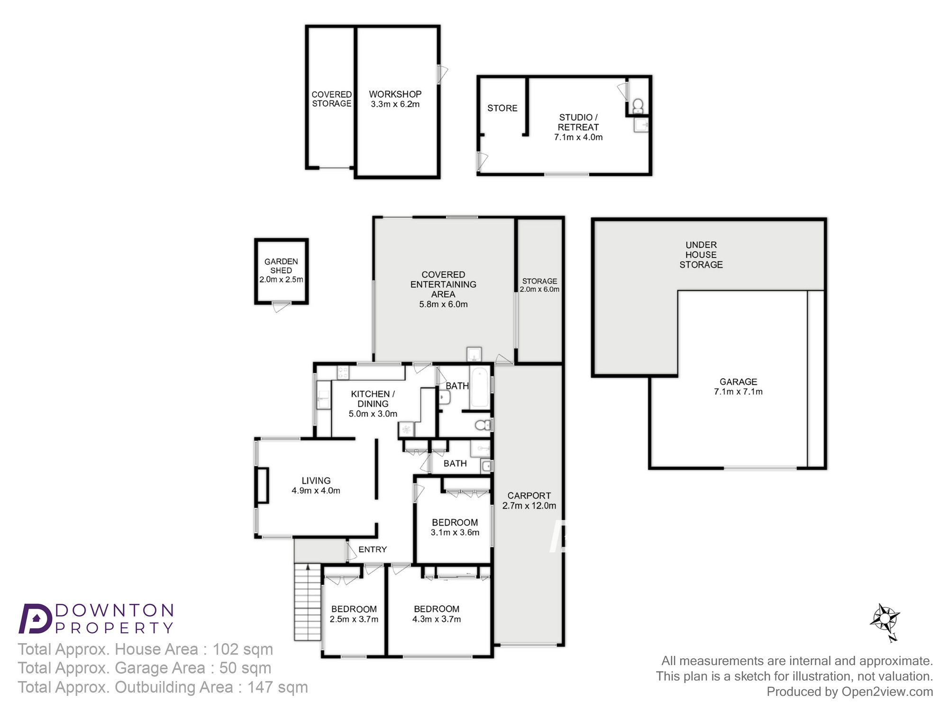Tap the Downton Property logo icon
coord(35,619)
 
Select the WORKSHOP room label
coord(395,94)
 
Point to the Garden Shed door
coord(281,307)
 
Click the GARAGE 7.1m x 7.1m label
coord(738,387)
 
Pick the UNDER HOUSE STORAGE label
coord(701,255)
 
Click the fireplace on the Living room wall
coord(262,485)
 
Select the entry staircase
coord(308,602)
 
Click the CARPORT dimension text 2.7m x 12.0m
coord(529,506)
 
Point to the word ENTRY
coord(373,549)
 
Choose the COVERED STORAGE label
coord(332,99)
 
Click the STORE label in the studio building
coord(502,108)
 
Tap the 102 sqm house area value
coord(243,649)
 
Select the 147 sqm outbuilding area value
coord(277,687)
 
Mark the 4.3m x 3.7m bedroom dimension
coord(437,619)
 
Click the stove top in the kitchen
coord(343,373)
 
